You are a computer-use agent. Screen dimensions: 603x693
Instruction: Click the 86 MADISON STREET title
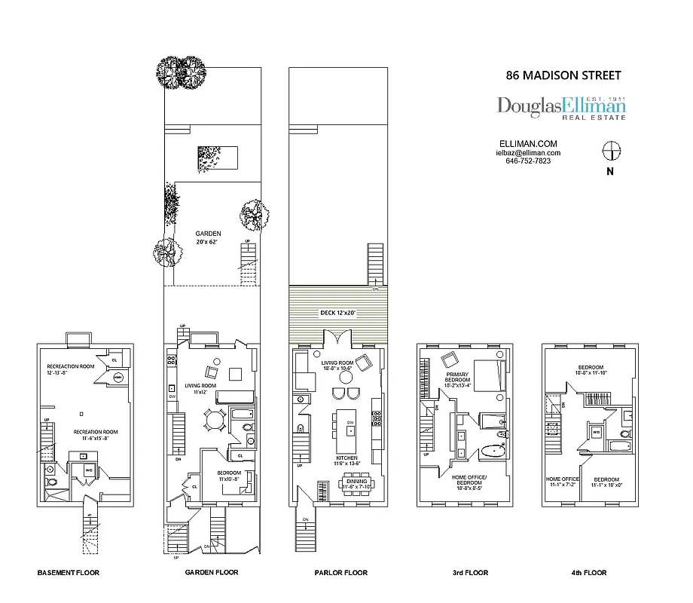point(563,75)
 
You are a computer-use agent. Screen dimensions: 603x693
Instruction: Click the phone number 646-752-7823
point(528,161)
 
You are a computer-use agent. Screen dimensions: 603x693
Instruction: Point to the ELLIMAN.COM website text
point(528,143)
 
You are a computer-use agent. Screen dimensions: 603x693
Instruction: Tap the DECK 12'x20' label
point(336,313)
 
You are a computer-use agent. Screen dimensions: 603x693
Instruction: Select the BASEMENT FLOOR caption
point(68,573)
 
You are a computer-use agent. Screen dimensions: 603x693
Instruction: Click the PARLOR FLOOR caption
point(341,573)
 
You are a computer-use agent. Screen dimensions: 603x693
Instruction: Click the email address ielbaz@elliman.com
point(528,152)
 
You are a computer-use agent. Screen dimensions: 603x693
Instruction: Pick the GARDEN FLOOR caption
point(212,573)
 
